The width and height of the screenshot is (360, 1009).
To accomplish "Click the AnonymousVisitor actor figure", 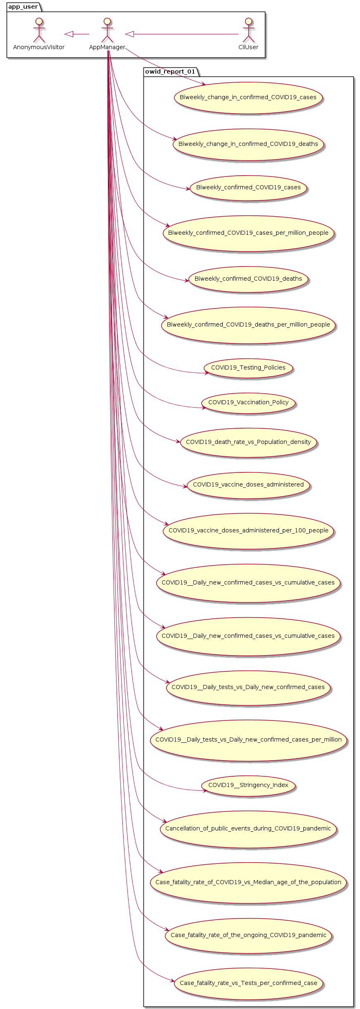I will (39, 30).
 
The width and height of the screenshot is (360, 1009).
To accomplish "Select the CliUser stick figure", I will (248, 30).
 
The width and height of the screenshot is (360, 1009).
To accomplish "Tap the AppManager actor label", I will (107, 48).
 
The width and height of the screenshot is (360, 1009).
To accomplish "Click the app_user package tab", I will (23, 7).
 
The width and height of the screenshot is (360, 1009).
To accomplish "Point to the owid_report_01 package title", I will (170, 72).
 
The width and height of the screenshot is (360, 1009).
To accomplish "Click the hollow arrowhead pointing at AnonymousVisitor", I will (69, 34).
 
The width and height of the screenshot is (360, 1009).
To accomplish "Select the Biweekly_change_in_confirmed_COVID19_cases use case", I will (248, 98).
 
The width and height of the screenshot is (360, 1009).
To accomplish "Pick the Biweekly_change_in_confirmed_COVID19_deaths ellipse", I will (248, 144).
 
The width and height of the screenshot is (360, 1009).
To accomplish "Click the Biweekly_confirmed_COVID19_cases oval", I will (248, 188).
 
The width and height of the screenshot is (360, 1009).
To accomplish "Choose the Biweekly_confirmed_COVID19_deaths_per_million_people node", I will (248, 325).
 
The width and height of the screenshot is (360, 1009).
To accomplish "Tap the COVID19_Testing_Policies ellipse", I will (248, 368).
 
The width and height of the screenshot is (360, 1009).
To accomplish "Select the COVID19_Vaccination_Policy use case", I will (248, 403).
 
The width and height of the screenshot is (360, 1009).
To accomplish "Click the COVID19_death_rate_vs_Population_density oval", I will (248, 442).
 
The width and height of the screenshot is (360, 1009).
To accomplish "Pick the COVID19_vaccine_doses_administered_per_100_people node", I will (248, 531).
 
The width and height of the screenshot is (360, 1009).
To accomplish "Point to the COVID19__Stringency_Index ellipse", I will (248, 785).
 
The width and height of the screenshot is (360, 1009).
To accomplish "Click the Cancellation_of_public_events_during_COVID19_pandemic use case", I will (248, 829).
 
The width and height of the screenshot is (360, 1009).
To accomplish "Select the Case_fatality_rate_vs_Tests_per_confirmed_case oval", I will (248, 983).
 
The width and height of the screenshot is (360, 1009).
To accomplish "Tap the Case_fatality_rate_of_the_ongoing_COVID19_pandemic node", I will (248, 935).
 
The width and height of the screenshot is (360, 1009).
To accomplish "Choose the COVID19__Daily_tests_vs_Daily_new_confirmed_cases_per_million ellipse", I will (248, 740).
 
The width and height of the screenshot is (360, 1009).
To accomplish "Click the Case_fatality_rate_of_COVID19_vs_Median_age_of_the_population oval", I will (248, 883).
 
